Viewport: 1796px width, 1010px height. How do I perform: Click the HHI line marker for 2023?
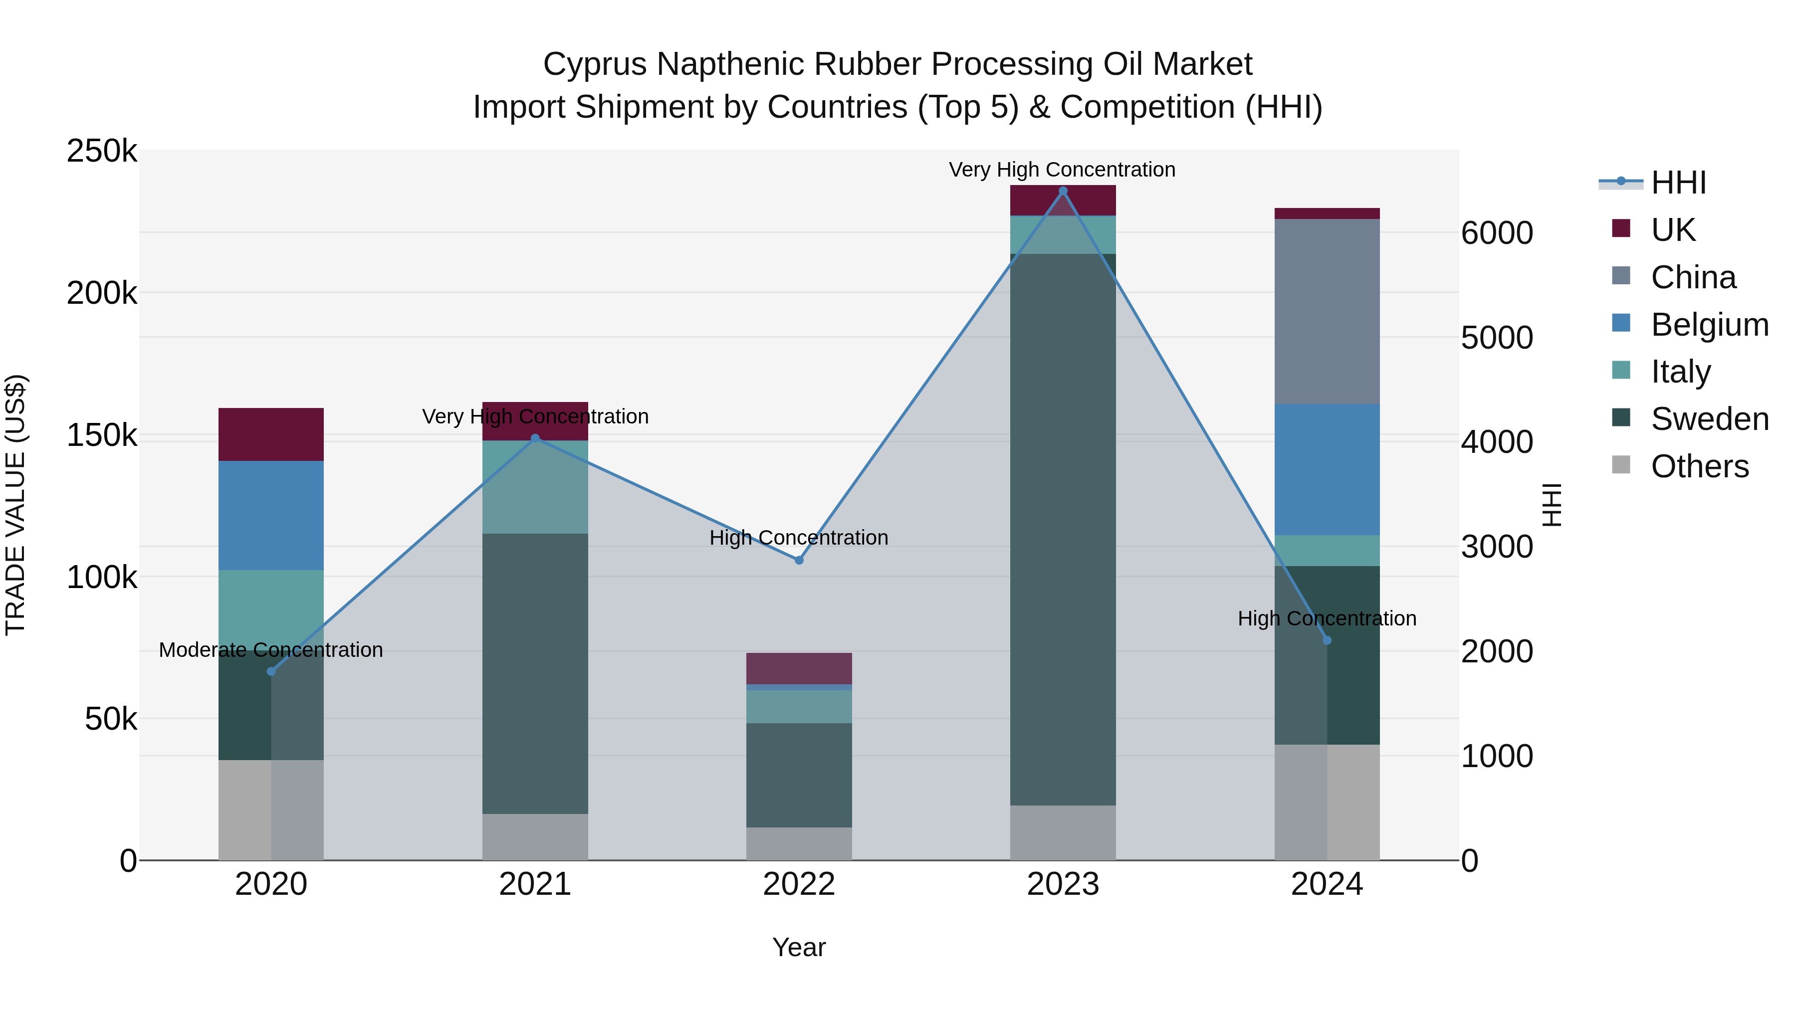1063,191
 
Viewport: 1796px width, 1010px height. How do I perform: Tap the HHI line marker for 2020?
271,671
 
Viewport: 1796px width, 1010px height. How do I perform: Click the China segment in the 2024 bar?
1327,312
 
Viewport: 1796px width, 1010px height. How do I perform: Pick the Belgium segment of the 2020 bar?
271,516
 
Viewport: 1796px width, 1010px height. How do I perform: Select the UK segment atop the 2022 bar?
799,668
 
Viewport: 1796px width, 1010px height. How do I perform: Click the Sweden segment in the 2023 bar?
1063,530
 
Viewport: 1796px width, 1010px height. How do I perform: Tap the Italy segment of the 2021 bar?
535,487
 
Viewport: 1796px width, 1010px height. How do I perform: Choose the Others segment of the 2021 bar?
535,836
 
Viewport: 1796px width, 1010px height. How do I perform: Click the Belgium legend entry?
1709,325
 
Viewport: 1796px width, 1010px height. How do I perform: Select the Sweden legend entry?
1709,419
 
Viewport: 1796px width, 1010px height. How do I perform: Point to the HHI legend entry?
1678,183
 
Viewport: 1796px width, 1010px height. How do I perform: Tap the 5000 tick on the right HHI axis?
1497,338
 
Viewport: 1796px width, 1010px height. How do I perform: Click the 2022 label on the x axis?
799,884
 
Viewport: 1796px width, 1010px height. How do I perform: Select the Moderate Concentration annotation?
271,649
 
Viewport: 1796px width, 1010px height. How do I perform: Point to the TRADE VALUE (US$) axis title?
15,505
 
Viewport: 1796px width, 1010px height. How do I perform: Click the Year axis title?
799,947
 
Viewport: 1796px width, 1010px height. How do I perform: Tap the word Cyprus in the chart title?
595,65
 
